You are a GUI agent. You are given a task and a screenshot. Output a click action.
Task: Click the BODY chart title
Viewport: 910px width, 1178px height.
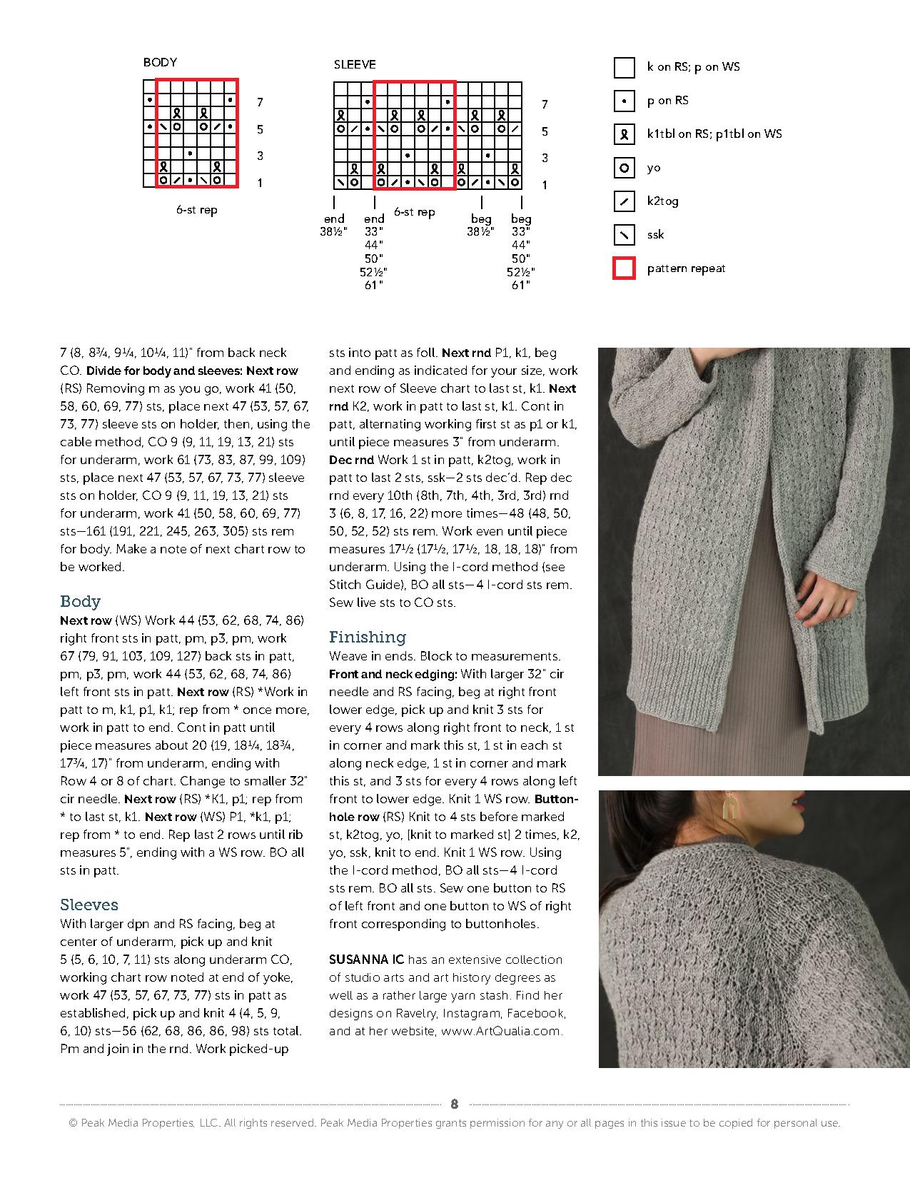(x=160, y=62)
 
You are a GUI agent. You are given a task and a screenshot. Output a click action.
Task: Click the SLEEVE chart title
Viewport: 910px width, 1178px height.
(x=355, y=64)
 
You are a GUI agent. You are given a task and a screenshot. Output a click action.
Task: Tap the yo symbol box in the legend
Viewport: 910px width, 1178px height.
(x=625, y=168)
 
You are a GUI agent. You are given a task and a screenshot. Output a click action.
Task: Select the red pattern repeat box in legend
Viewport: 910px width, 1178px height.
(x=625, y=268)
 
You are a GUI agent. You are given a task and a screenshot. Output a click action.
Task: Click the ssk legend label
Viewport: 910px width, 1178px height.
(x=655, y=235)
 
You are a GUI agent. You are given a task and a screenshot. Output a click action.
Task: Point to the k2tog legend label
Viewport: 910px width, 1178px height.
(x=662, y=201)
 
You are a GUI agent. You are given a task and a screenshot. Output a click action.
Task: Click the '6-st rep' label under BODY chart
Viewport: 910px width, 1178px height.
(x=197, y=210)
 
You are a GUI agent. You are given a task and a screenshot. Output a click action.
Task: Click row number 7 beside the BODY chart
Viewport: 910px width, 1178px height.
(x=260, y=102)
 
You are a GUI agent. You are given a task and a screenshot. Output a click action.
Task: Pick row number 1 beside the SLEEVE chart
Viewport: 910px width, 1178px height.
(x=545, y=185)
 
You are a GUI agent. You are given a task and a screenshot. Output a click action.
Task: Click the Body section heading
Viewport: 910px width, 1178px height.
(x=80, y=601)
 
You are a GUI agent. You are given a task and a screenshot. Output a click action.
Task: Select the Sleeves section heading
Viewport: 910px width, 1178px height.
(x=89, y=905)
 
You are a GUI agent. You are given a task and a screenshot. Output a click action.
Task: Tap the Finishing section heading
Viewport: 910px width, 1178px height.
(x=367, y=637)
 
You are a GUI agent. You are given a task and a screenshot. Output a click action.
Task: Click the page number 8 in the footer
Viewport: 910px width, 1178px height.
(x=455, y=1104)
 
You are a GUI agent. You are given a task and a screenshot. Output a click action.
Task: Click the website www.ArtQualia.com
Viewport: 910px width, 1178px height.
(x=502, y=1031)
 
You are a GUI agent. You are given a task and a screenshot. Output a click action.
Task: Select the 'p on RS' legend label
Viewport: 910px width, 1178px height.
(x=667, y=101)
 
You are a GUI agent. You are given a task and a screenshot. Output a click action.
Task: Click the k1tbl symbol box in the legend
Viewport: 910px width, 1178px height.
(x=625, y=134)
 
